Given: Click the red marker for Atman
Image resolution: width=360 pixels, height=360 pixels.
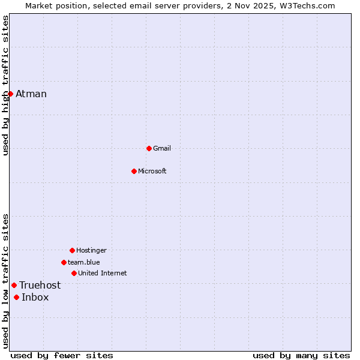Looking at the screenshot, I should tap(10, 94).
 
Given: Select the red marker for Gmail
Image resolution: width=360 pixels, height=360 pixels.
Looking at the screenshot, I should tap(149, 148).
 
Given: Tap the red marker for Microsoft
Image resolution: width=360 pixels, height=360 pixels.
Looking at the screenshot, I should tap(134, 171).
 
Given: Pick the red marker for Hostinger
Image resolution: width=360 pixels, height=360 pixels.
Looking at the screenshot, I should tap(72, 250).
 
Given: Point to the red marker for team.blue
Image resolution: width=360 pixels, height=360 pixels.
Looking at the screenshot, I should tap(64, 262).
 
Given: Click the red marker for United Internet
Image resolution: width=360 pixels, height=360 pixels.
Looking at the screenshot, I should tap(74, 273).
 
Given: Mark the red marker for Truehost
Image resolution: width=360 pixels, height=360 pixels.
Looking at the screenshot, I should tap(14, 285).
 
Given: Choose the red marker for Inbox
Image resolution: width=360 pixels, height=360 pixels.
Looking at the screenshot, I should tap(16, 297).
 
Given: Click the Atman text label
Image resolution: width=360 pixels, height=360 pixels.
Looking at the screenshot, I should tap(31, 94).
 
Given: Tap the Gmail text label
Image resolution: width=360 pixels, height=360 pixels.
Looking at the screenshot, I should tap(162, 148).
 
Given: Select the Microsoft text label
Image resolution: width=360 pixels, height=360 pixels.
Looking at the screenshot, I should tap(152, 171).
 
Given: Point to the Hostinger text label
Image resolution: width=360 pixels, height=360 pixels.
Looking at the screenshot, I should tap(91, 250).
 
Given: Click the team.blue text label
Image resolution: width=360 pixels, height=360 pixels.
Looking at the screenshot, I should tap(84, 262).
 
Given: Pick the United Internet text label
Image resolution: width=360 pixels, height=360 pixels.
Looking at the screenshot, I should tap(103, 273).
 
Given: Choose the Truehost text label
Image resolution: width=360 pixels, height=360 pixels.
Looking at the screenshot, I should tap(40, 285).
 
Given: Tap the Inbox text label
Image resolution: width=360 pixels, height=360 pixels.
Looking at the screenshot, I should tap(35, 297).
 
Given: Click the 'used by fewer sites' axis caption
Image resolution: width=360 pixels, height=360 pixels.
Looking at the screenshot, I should tap(62, 355).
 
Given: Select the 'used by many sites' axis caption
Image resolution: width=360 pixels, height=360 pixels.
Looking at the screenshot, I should tap(301, 355).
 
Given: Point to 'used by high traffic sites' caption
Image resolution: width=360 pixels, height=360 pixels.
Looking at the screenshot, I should tap(5, 85).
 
